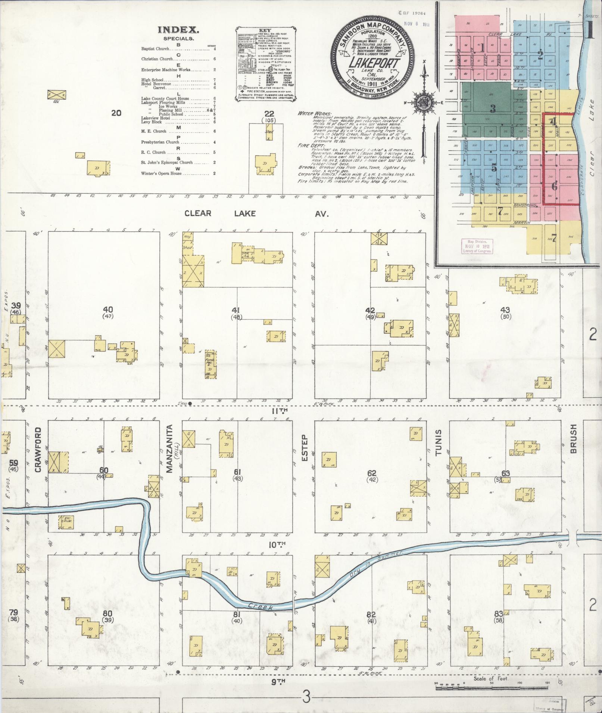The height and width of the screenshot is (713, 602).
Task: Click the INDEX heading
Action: [178, 30]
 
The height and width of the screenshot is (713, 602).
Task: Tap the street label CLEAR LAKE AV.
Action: [257, 214]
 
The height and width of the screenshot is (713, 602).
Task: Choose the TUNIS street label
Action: [438, 442]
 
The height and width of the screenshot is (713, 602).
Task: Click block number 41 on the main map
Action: [236, 310]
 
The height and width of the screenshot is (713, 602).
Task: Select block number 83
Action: [506, 613]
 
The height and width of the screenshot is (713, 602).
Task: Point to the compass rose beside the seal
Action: [424, 101]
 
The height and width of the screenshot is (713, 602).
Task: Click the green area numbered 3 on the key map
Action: [493, 108]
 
